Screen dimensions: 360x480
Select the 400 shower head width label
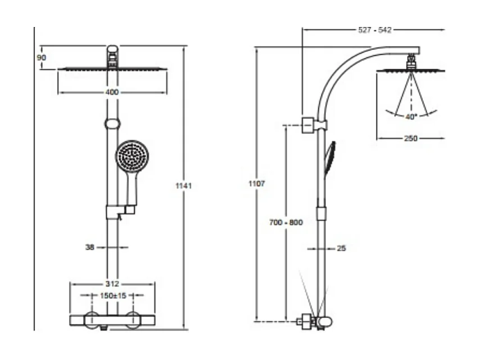(x=112, y=92)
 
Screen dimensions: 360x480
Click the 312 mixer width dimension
(x=112, y=284)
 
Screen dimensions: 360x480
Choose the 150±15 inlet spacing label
(x=112, y=295)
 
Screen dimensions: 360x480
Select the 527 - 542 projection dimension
(x=374, y=30)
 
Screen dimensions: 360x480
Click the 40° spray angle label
(x=411, y=117)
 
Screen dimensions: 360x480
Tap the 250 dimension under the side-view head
(x=411, y=138)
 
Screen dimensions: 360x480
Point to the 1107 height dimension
(x=256, y=183)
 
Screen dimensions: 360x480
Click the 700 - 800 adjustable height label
(x=286, y=223)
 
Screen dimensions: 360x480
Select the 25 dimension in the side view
(x=341, y=247)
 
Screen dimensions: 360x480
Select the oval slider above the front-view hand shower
(x=112, y=123)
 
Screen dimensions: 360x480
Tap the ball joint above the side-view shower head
(x=411, y=59)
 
